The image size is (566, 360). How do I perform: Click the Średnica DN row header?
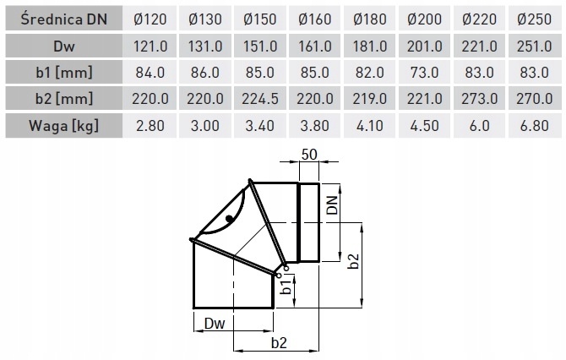pos(64,19)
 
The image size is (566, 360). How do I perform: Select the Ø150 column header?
pos(259,19)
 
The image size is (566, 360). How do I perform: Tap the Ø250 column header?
pos(534,19)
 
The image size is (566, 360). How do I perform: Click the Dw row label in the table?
pos(64,46)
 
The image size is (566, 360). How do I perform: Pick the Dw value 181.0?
pos(370,46)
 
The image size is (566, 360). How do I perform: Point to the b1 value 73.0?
pos(424,73)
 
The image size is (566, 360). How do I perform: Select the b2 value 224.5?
pos(259,99)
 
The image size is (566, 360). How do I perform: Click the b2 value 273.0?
pos(479,99)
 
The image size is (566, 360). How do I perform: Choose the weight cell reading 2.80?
pos(150,126)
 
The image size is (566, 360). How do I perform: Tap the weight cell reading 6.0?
pos(479,126)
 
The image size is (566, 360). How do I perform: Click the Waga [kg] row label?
pos(63,126)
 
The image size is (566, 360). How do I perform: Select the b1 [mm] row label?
pos(64,73)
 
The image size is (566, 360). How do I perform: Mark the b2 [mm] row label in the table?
pos(64,99)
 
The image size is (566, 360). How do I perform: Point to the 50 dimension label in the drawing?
pos(309,155)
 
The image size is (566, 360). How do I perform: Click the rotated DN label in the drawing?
pos(332,205)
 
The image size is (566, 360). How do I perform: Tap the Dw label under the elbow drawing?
pos(215,323)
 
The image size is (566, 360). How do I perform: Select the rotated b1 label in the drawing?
pos(286,287)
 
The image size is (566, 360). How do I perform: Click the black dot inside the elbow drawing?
pos(229,219)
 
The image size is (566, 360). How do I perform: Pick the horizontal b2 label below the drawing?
pos(279,342)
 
